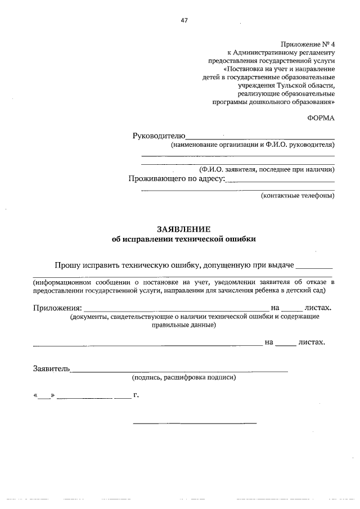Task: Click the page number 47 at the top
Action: click(x=184, y=20)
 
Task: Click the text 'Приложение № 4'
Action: click(x=308, y=44)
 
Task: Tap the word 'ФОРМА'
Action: click(x=321, y=118)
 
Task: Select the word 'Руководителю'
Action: click(x=158, y=136)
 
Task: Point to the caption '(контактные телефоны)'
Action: click(x=298, y=196)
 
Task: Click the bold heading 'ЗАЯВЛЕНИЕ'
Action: click(x=184, y=229)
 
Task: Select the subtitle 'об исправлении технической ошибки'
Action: click(x=184, y=239)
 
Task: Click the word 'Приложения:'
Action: click(x=57, y=308)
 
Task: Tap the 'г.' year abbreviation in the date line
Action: click(x=136, y=395)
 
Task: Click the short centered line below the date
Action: click(x=195, y=422)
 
